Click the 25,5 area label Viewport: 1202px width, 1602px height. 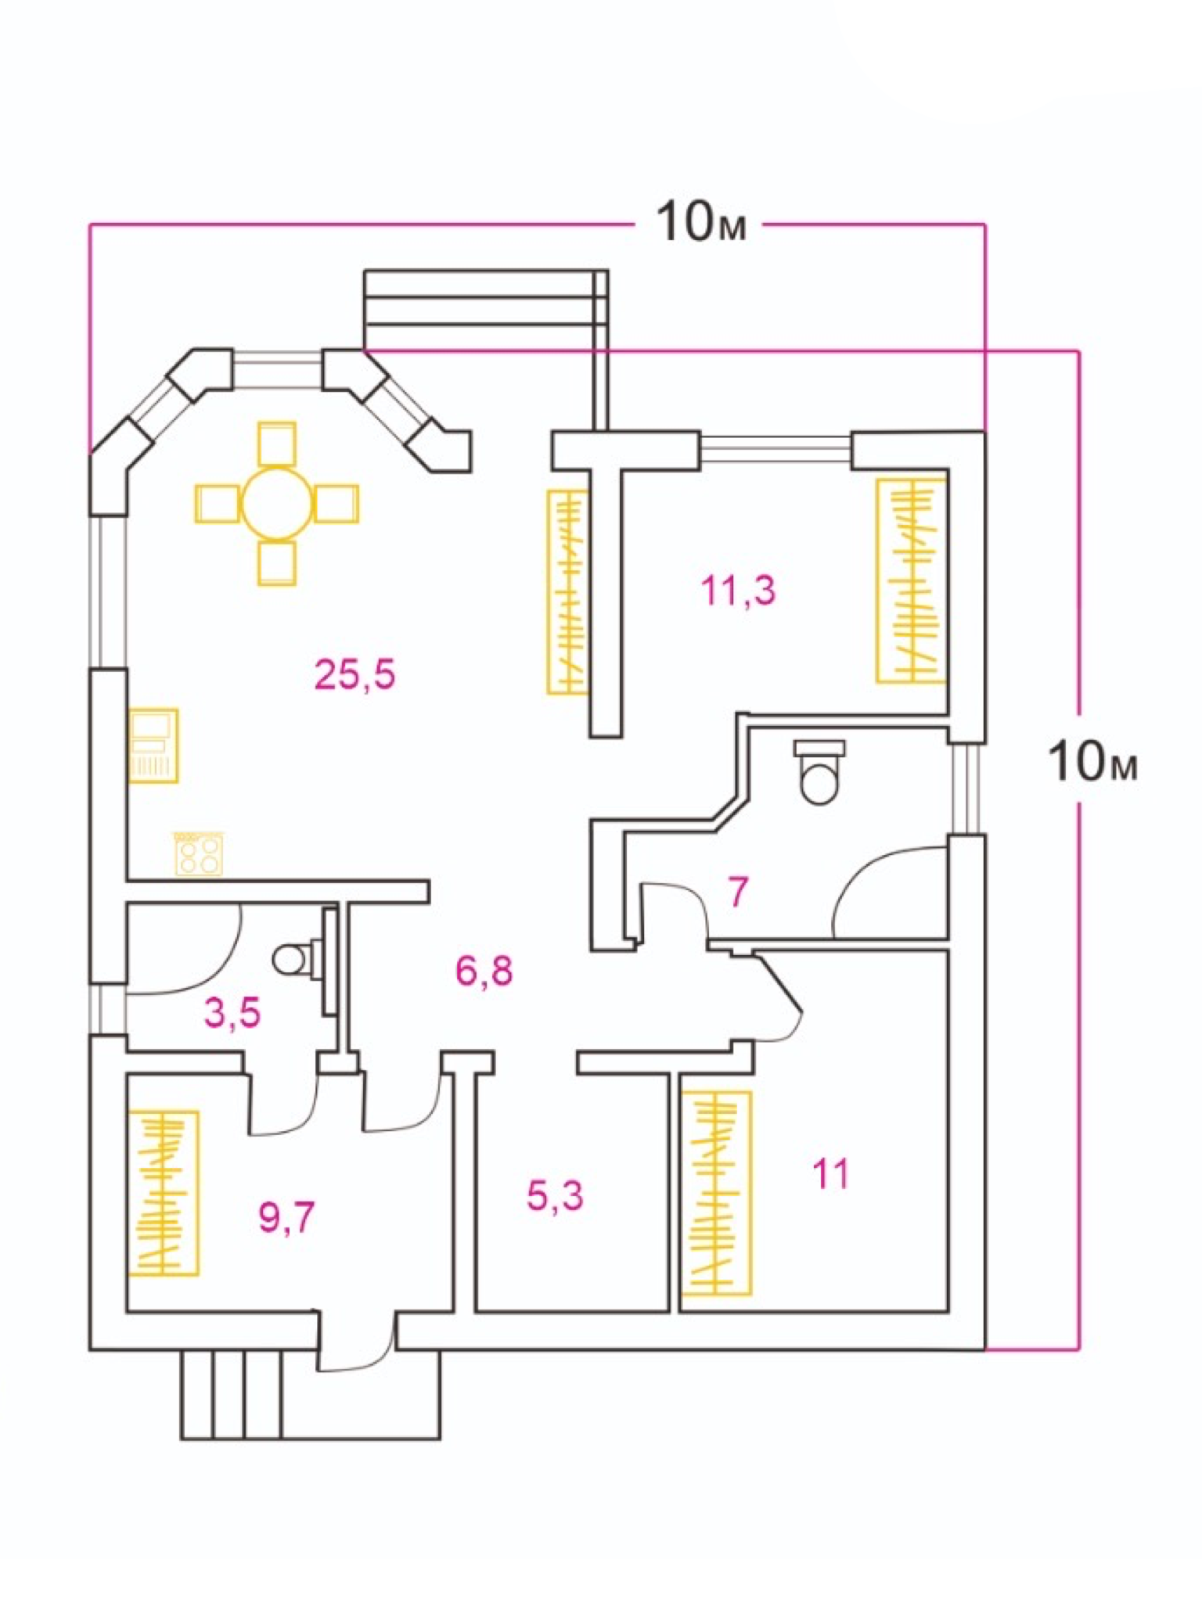[x=355, y=674]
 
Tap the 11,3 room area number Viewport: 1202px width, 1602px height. [x=738, y=591]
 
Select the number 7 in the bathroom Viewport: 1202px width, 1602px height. [x=737, y=892]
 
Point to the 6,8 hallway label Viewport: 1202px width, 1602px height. [x=484, y=972]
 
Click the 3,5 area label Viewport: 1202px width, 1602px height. [x=232, y=1013]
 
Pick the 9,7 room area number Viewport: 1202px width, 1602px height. [x=286, y=1217]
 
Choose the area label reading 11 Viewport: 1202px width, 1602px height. [x=830, y=1174]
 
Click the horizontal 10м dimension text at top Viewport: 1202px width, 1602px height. [x=700, y=222]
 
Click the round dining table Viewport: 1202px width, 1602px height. [x=277, y=503]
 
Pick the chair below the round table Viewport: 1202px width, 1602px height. [x=277, y=563]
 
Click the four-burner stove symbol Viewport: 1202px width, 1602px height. [x=199, y=853]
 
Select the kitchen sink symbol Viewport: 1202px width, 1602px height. [x=153, y=745]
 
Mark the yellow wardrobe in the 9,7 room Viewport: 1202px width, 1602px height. [x=163, y=1192]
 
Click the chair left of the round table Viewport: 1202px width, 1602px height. [x=218, y=503]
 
